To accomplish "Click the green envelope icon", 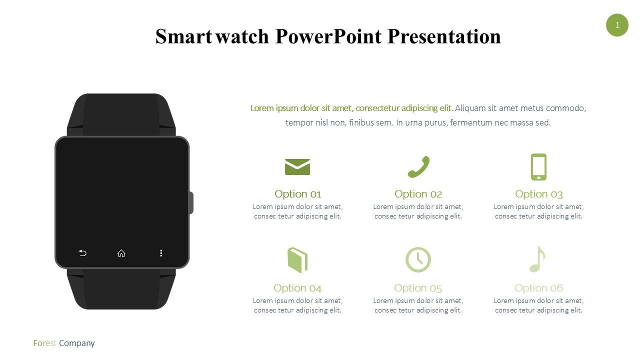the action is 297,167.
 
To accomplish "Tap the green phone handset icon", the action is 418,167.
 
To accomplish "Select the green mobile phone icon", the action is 538,167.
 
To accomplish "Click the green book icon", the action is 297,260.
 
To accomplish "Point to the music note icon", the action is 537,259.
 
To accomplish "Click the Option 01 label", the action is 297,194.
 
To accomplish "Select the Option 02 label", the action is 418,194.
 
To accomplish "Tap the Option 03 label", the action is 539,194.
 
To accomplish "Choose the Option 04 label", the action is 297,288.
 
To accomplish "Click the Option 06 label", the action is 539,288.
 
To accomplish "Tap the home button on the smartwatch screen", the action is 121,253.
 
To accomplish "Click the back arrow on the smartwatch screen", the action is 82,253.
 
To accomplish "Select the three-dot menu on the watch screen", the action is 161,253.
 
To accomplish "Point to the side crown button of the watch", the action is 191,203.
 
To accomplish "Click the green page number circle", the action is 617,25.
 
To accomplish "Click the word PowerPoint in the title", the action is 328,36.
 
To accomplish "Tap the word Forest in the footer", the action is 45,343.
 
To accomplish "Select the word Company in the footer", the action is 77,343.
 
